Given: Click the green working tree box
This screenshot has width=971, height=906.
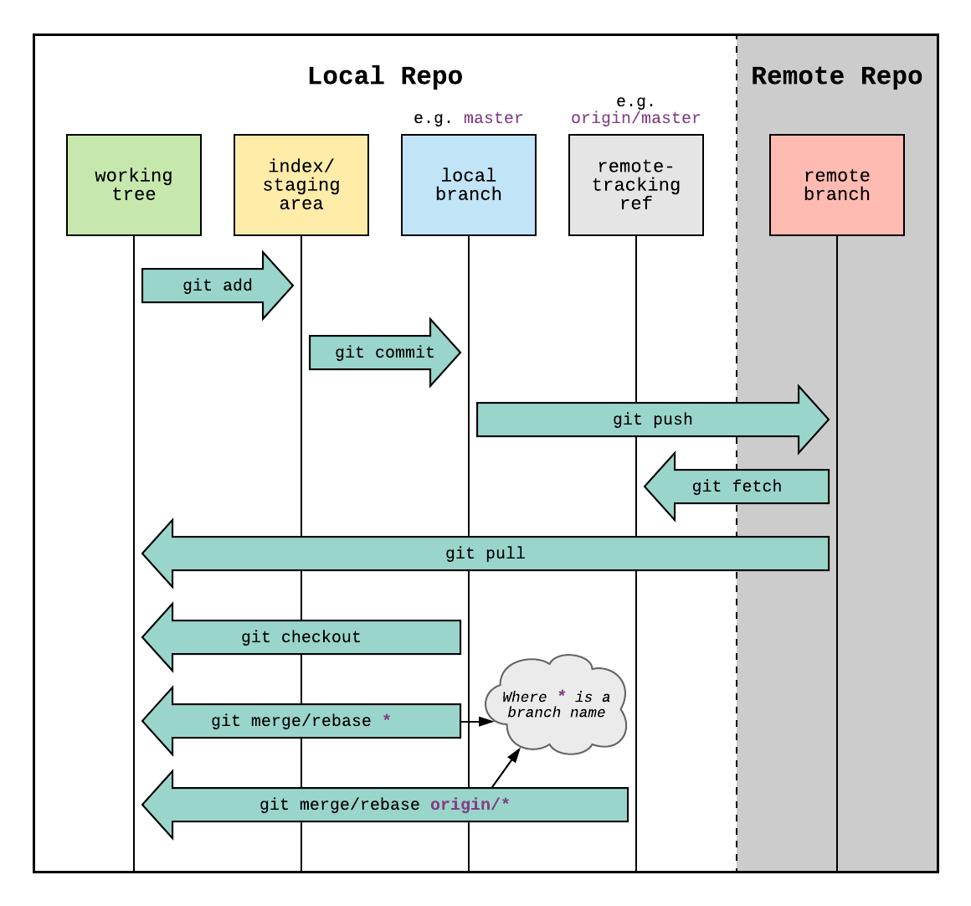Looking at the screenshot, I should coord(134,185).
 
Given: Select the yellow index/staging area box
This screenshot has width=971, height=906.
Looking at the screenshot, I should coord(301,185).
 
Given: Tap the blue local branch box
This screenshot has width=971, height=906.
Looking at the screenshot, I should coord(469,185).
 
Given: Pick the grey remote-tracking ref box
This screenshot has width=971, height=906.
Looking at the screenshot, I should coord(636,185).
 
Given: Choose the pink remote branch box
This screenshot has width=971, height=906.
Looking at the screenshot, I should coord(837,185).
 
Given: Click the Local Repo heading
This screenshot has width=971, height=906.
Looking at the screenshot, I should coord(385,76).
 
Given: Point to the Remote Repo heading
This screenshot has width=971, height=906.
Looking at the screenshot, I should coord(836,76).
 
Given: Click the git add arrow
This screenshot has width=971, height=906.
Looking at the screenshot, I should coord(217,286).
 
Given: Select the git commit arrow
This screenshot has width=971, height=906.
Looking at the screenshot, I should coord(384,353).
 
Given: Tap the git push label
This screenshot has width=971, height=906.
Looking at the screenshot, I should coord(652,420).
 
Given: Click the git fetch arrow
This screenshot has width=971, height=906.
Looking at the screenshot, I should coord(737,486).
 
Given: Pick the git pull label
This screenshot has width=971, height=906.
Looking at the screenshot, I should coord(485,553).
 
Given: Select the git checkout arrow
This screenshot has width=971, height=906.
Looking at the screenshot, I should coord(301,637).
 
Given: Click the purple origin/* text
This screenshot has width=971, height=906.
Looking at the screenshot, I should coord(470,805).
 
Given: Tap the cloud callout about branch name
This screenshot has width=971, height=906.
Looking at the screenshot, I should coord(557,705).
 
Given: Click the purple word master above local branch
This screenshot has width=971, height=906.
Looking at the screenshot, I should coord(493,118).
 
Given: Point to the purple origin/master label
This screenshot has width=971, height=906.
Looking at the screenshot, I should coord(636,118).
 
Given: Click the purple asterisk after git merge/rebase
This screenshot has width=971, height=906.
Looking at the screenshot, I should coord(386,720).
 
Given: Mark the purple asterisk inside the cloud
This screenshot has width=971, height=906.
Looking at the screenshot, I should coord(562,696).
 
